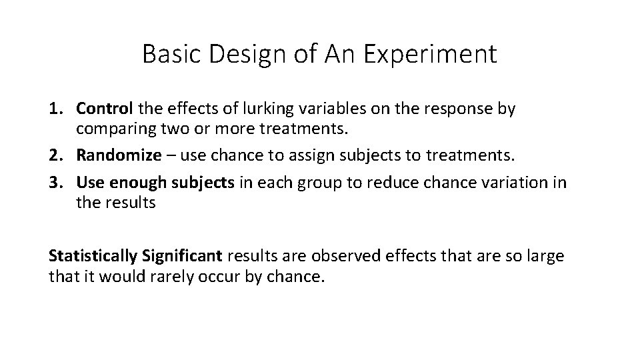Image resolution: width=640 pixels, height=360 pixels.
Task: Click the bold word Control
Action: (x=105, y=109)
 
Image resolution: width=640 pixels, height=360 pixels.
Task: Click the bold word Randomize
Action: (x=119, y=156)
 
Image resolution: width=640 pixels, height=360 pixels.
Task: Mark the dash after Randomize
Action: (x=171, y=156)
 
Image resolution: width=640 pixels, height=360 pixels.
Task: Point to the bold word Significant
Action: (x=181, y=256)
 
